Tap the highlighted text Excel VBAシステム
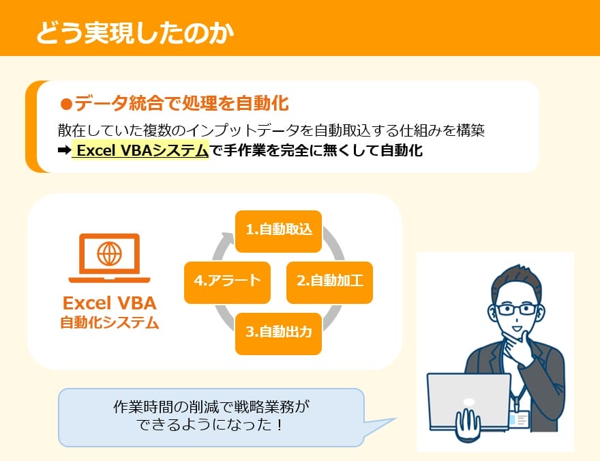click(142, 151)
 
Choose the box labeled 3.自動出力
click(278, 333)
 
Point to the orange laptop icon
click(109, 258)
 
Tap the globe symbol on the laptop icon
click(109, 254)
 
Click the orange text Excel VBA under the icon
click(109, 303)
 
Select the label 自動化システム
click(109, 323)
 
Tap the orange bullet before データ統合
click(66, 104)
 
